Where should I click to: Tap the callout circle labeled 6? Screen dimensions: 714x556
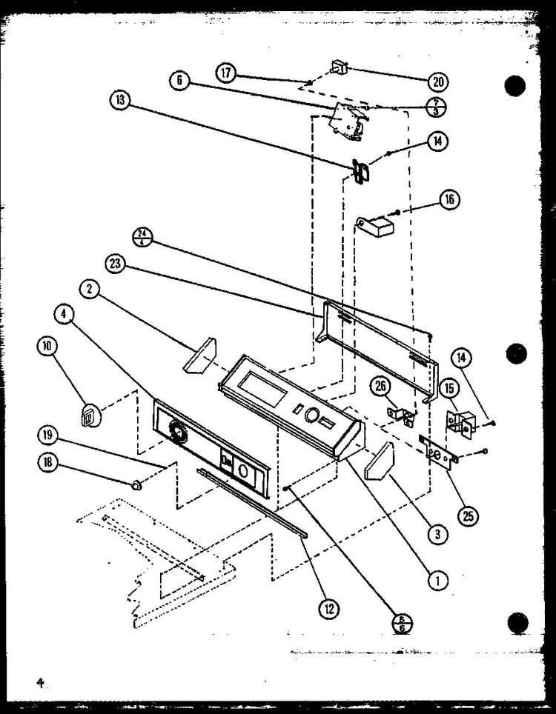tap(179, 81)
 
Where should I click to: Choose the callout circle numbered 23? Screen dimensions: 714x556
tap(116, 264)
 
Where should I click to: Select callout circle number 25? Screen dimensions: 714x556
tap(467, 516)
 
